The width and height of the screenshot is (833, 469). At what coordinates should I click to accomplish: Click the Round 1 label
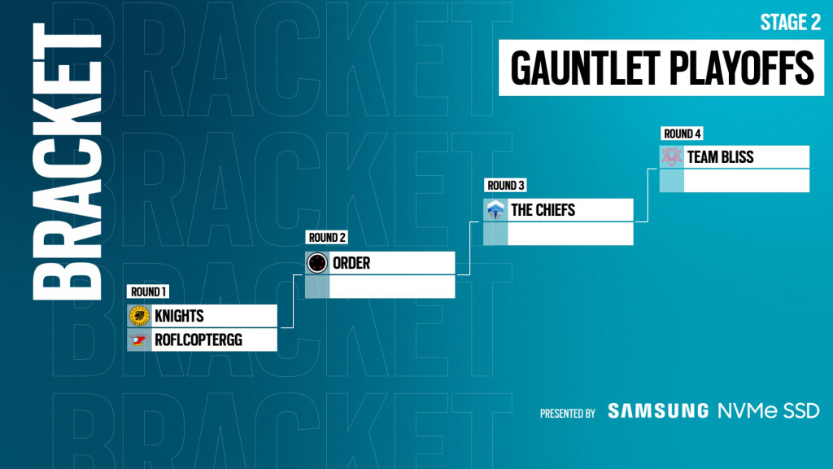click(x=148, y=291)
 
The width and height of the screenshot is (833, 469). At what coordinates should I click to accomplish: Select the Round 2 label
click(x=327, y=237)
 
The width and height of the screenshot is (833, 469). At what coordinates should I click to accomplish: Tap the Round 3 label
click(x=505, y=185)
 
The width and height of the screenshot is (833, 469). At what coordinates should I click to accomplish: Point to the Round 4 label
click(x=682, y=134)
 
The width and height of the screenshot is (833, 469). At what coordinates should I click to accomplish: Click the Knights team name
click(x=179, y=316)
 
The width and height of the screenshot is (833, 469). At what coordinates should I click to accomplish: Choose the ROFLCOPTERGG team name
click(x=198, y=340)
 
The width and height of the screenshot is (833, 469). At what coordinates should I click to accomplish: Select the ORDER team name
click(x=351, y=263)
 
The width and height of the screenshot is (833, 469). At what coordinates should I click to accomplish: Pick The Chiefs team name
click(x=543, y=210)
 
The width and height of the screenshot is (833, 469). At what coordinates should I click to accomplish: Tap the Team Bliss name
click(x=721, y=157)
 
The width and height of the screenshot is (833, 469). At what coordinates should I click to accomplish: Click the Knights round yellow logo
click(x=139, y=316)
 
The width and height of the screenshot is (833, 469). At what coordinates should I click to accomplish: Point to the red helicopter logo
click(x=139, y=340)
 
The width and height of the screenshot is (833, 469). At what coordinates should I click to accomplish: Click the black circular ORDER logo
click(x=317, y=263)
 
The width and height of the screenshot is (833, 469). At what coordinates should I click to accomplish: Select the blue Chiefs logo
click(x=495, y=210)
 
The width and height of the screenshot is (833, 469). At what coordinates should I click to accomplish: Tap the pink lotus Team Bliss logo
click(x=671, y=157)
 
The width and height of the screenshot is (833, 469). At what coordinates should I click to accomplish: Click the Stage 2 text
click(x=791, y=22)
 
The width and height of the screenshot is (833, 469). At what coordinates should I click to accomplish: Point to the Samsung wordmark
click(x=658, y=410)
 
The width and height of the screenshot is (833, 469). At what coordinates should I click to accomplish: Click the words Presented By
click(x=567, y=414)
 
